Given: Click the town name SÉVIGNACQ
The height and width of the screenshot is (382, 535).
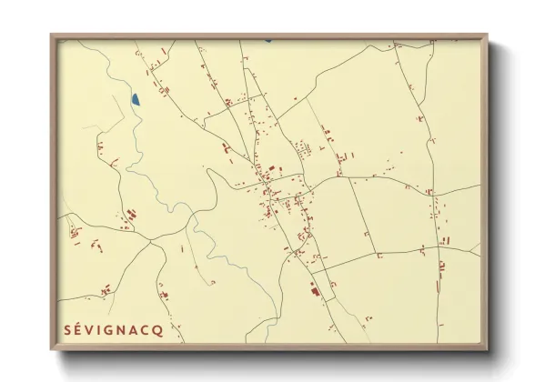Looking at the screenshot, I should click(114, 329).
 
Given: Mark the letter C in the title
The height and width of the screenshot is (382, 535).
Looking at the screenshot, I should click(147, 330).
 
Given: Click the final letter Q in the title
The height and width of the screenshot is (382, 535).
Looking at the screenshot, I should click(159, 330).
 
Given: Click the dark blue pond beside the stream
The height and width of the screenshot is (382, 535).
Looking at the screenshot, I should click(135, 98).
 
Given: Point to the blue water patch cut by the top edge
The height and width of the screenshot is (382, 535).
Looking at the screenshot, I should click(268, 40).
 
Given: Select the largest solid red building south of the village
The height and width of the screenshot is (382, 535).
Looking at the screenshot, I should click(315, 291).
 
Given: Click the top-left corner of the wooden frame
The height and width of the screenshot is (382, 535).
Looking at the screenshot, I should click(52, 35).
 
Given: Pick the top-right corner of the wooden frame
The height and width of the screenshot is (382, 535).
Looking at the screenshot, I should click(486, 35).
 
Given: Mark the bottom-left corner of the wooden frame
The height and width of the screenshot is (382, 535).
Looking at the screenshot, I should click(52, 349).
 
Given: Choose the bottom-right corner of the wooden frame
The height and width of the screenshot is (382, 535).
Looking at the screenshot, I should click(486, 349).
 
